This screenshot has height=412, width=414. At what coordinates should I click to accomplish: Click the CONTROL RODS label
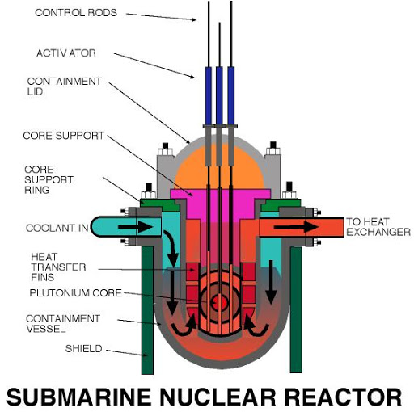point(78,12)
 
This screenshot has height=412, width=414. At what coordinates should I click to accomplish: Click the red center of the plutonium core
point(218,301)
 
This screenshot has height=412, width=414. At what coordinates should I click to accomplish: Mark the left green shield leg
point(147,307)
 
